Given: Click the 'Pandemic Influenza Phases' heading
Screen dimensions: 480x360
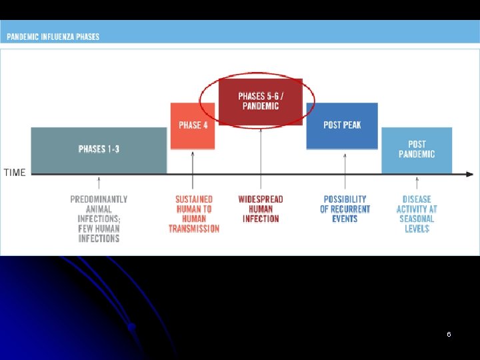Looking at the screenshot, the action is pyautogui.click(x=53, y=37).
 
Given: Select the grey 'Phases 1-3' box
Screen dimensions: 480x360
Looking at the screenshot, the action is pyautogui.click(x=99, y=149).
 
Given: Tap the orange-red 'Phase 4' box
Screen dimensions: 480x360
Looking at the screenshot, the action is pyautogui.click(x=193, y=125).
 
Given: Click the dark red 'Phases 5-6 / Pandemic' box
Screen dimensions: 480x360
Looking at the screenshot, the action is pyautogui.click(x=261, y=101).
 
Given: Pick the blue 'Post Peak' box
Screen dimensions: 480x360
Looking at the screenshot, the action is pyautogui.click(x=342, y=125).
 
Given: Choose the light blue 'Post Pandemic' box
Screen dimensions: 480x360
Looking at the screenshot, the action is pyautogui.click(x=417, y=149).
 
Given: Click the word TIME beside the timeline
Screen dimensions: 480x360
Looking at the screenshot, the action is pyautogui.click(x=15, y=173).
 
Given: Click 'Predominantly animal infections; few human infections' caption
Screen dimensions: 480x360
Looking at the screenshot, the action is pyautogui.click(x=99, y=219).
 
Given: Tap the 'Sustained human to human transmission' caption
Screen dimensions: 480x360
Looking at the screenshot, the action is pyautogui.click(x=194, y=213).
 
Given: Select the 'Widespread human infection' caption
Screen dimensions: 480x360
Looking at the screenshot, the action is pyautogui.click(x=261, y=209).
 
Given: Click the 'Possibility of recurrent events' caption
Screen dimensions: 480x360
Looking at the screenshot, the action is pyautogui.click(x=345, y=209).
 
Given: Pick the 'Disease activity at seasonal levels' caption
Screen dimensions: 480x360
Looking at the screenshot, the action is pyautogui.click(x=417, y=213).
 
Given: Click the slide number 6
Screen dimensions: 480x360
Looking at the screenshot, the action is pyautogui.click(x=449, y=334).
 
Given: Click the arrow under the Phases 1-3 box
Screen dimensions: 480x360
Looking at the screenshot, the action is pyautogui.click(x=99, y=183).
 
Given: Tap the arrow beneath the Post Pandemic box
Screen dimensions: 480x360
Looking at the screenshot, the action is pyautogui.click(x=417, y=183).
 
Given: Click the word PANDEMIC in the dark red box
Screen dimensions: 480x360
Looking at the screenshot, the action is pyautogui.click(x=261, y=106).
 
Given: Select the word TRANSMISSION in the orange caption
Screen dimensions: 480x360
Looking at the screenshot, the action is pyautogui.click(x=194, y=229).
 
